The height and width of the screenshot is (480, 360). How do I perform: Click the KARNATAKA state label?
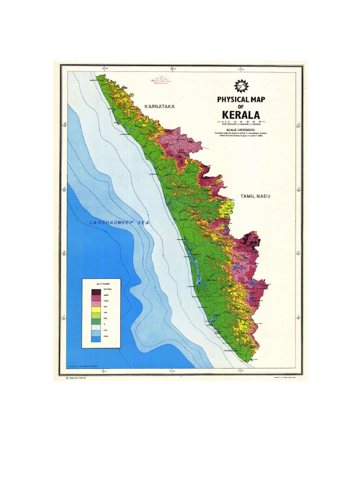pos(159,106)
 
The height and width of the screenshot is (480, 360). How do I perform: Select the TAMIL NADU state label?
pos(256,197)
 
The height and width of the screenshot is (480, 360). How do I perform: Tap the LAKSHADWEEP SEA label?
pos(119,223)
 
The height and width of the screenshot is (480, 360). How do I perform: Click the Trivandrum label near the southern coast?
pos(231,351)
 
